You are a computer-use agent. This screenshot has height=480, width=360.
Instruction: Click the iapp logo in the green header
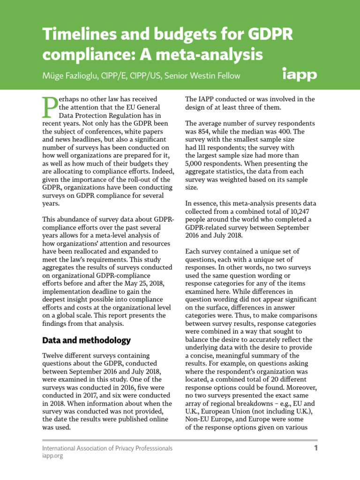[x=300, y=74]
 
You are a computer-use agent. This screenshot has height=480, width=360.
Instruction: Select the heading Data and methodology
[x=86, y=340]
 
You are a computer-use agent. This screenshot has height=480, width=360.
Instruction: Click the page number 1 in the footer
[x=315, y=448]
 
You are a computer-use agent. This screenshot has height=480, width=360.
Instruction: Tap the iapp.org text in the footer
[x=52, y=456]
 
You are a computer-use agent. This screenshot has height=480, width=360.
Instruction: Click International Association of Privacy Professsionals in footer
[x=107, y=448]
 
